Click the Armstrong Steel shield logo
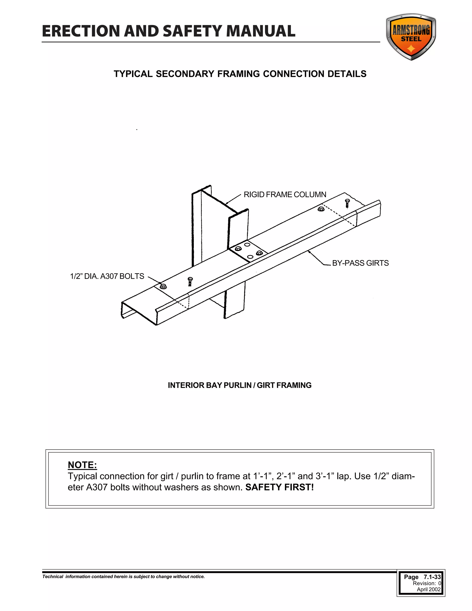[x=411, y=37]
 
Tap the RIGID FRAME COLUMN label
[x=285, y=195]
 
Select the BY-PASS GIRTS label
[x=360, y=263]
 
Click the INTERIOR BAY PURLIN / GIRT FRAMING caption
[x=240, y=385]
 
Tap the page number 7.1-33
[x=432, y=577]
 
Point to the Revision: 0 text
[x=427, y=583]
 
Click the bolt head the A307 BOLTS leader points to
[x=163, y=286]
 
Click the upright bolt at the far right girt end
[x=347, y=203]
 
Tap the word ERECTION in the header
[x=81, y=31]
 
